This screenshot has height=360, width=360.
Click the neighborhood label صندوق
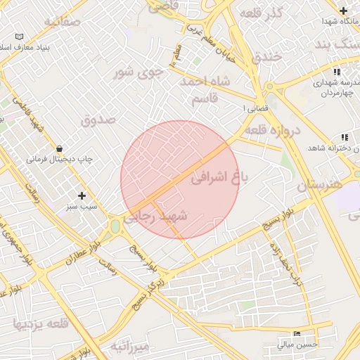(98, 119)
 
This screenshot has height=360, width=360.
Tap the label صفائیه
(63, 22)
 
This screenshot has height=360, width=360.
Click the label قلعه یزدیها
(40, 324)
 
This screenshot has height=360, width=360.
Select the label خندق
(267, 55)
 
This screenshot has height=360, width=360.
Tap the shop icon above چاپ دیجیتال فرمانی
(59, 148)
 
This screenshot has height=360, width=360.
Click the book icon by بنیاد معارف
(19, 36)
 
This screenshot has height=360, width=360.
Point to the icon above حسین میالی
(297, 333)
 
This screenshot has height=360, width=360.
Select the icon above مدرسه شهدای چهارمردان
(337, 72)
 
